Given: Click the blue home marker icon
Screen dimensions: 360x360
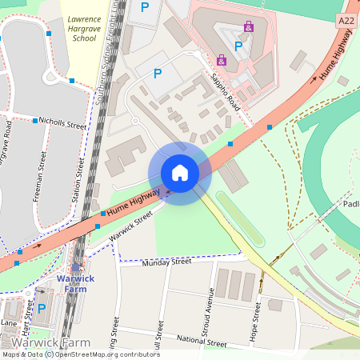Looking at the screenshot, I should [180, 173].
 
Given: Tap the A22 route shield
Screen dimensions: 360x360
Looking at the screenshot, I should [346, 20].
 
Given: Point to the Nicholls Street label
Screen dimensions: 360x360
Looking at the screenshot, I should [63, 126].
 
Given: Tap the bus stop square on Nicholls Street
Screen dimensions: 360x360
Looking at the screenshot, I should [35, 121].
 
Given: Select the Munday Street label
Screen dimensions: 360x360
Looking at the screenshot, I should [166, 262].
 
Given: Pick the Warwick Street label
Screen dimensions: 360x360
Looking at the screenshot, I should [130, 226].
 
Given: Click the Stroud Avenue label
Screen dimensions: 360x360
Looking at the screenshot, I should [211, 310].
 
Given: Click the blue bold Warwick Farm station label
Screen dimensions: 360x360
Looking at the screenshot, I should [76, 284].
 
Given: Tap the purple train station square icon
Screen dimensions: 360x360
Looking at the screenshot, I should [78, 269].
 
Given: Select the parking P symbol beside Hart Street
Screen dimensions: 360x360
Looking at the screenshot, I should [42, 308].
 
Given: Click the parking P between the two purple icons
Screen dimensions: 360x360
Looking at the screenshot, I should [238, 46].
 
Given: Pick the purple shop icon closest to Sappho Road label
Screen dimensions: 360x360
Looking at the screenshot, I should [221, 59].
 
